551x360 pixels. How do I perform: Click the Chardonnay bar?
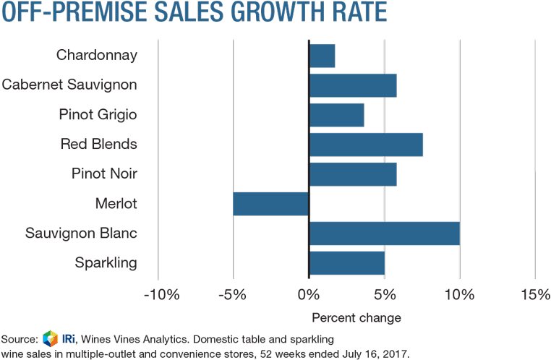(322, 56)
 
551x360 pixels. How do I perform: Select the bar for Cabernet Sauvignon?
(353, 85)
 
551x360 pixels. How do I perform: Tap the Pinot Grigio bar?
(336, 115)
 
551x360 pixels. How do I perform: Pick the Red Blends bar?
(366, 145)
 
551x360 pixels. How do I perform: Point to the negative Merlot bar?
(271, 204)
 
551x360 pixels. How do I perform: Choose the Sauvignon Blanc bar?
(384, 233)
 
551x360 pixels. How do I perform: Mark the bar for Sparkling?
(346, 263)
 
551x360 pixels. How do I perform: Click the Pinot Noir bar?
(353, 174)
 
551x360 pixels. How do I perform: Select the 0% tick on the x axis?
(309, 294)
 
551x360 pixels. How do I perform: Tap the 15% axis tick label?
(534, 294)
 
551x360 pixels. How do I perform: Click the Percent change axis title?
(356, 317)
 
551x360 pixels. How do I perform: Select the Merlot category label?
(116, 204)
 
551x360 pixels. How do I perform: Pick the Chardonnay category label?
(96, 55)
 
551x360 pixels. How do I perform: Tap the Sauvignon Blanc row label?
(81, 233)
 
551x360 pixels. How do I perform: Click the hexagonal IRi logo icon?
(50, 338)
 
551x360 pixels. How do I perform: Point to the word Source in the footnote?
(19, 338)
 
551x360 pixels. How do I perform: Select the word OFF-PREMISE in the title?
(66, 14)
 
